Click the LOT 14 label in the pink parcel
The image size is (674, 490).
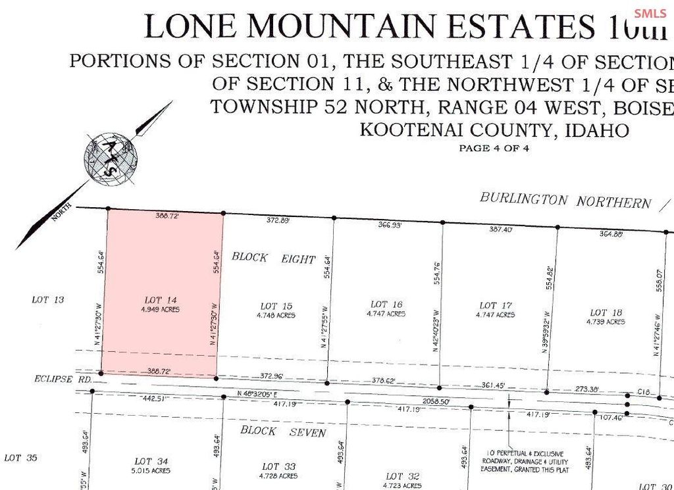pos(161,298)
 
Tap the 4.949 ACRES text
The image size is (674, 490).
pos(161,308)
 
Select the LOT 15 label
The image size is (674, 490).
pos(276,306)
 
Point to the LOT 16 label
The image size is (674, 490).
pos(387,305)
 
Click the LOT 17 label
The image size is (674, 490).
pos(496,306)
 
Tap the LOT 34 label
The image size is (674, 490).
pos(152,462)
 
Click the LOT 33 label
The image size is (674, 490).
pos(278,466)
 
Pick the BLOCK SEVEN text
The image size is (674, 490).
pos(283,431)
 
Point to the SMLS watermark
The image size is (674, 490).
pos(651,13)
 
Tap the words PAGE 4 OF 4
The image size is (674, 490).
pos(494,149)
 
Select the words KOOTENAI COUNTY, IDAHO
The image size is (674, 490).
pos(494,130)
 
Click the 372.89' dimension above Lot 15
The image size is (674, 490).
pos(278,220)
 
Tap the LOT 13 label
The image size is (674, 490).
pos(48,300)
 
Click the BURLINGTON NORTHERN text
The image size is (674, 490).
pos(565,200)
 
